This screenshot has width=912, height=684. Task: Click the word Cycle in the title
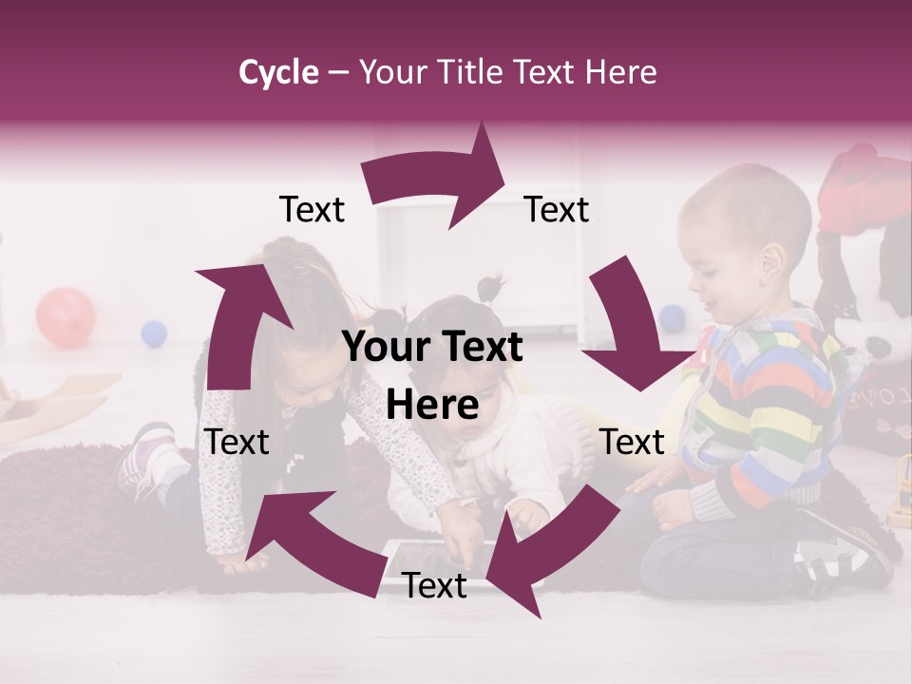278,72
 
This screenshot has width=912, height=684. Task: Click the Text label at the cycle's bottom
434,586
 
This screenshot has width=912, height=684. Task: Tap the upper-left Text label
312,210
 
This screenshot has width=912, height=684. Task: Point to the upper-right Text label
557,210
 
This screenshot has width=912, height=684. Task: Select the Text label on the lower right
632,442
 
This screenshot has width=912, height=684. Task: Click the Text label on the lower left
237,442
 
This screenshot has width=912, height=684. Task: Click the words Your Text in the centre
432,348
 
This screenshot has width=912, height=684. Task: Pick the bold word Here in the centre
432,406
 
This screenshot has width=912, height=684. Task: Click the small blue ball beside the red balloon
154,333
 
